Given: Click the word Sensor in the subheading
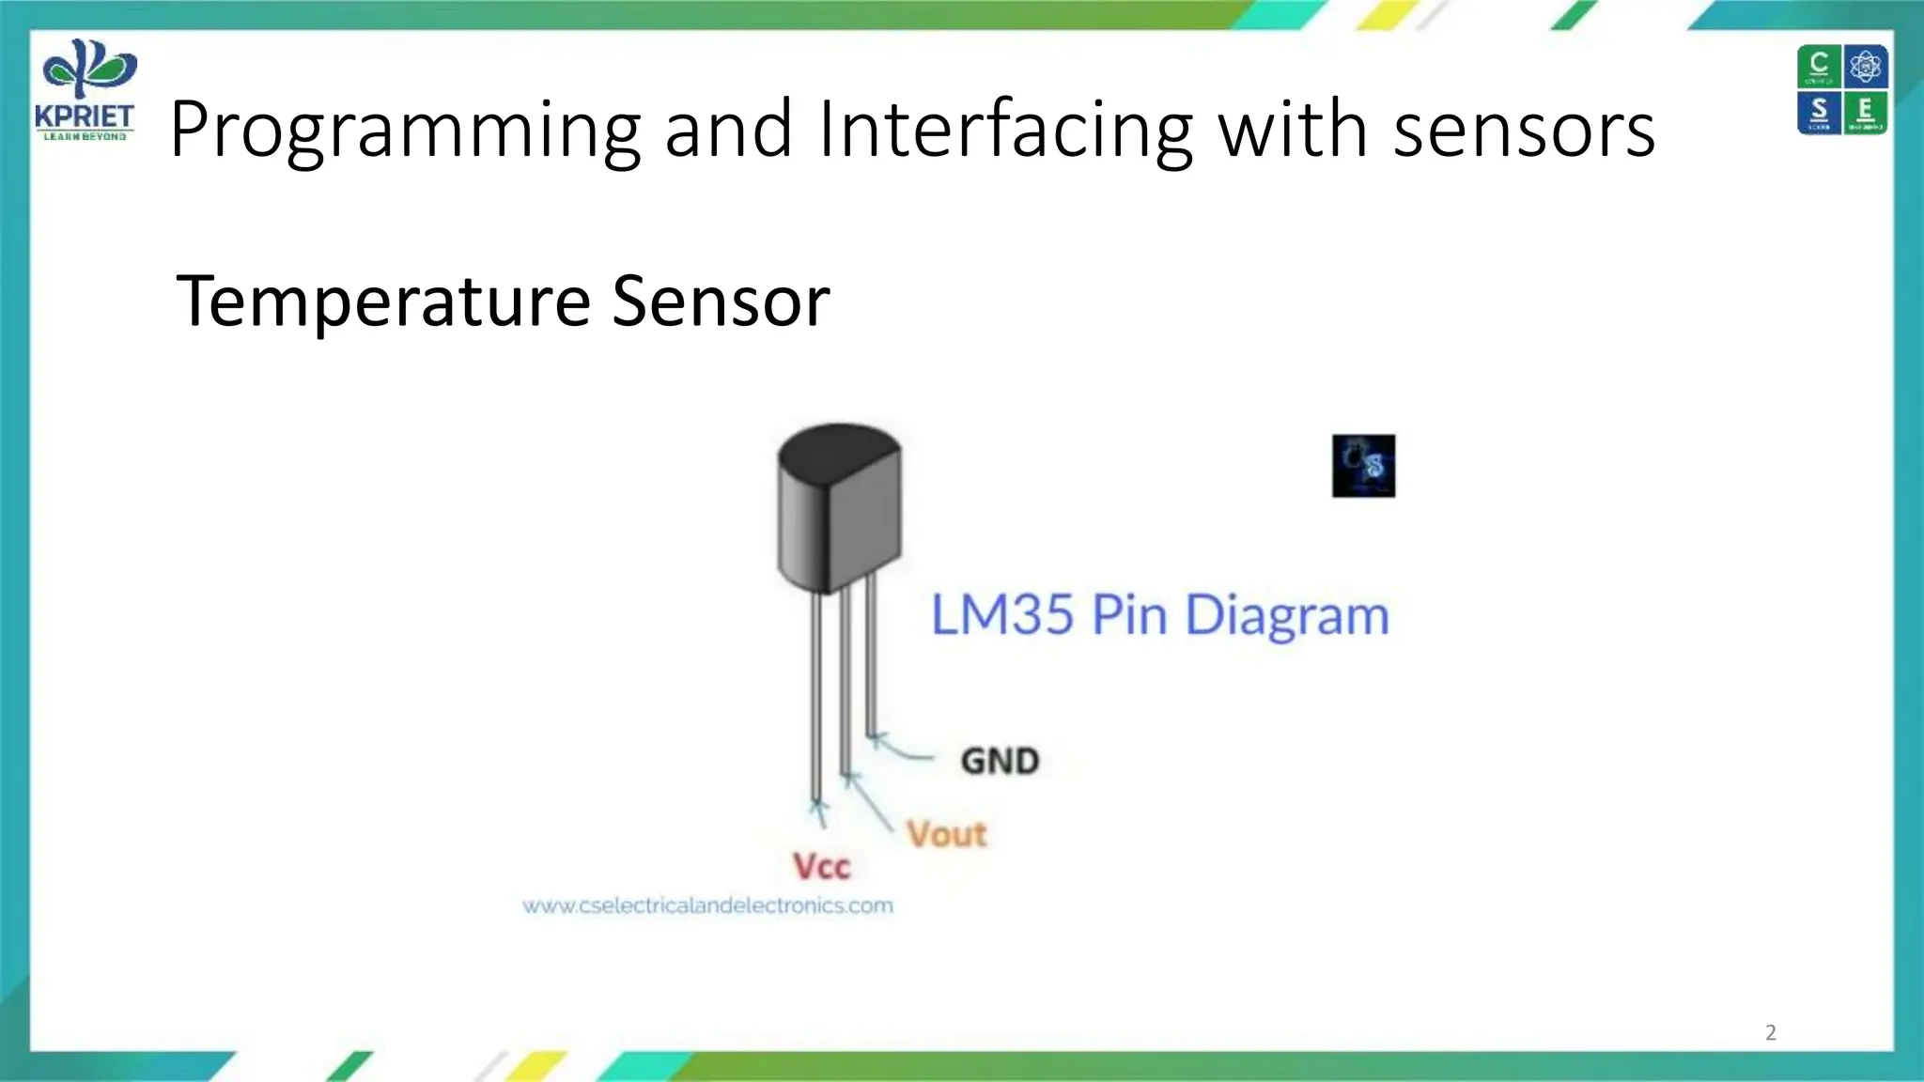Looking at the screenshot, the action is tap(721, 301).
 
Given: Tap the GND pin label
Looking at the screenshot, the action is tap(1000, 761).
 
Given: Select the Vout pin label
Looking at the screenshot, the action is tap(946, 834).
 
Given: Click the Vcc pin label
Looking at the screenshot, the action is tap(821, 866).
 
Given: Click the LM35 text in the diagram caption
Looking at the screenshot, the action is tap(1001, 615).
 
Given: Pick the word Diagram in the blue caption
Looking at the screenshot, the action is tap(1286, 617).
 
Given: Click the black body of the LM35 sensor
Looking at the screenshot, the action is tap(839, 507).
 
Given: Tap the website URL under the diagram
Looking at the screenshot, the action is tap(707, 905).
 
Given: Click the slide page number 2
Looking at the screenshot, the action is tap(1771, 1032).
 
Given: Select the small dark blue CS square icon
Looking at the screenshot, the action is tap(1363, 466).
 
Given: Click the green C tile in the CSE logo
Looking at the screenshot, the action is tap(1819, 66).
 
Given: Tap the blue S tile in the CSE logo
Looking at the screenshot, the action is tap(1819, 112).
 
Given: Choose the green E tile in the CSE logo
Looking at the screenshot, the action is tap(1866, 112).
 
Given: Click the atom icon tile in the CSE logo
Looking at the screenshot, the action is tap(1866, 66).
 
